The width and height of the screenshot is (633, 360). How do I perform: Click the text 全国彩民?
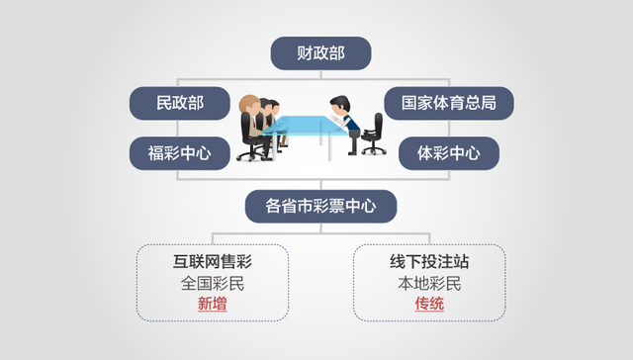(x=212, y=284)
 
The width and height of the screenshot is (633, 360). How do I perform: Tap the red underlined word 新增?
(x=212, y=305)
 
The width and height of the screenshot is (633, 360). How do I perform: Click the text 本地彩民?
(x=429, y=284)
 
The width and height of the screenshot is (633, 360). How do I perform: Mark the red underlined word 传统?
(x=429, y=305)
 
